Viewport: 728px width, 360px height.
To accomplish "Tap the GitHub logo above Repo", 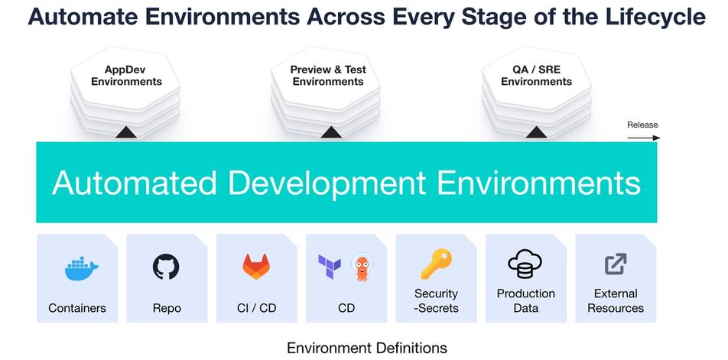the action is pos(167,267).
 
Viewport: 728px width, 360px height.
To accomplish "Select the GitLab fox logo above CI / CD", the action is pos(256,267).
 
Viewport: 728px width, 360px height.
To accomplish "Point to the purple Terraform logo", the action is pos(330,266).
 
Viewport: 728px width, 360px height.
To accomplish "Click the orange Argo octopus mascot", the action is pos(362,267).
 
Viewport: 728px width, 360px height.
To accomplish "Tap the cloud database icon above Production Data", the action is pos(525,265).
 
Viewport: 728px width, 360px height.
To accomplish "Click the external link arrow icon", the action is pos(616,264).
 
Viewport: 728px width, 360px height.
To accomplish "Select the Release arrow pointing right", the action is pos(644,138).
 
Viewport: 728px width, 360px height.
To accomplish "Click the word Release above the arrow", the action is pos(642,125).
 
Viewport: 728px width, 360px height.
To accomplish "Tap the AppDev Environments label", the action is pos(126,76).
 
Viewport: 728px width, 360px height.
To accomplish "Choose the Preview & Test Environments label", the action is pos(328,76).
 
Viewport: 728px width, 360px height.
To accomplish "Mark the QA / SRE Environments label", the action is pos(536,76).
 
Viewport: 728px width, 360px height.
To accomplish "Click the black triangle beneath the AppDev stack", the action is pos(125,133).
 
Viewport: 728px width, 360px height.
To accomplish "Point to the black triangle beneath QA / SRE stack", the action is pos(536,133).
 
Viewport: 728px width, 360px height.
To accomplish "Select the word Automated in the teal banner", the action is pos(133,183).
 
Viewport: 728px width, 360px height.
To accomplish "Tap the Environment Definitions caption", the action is pos(366,348).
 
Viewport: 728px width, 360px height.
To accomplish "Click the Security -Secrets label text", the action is pos(436,300).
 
